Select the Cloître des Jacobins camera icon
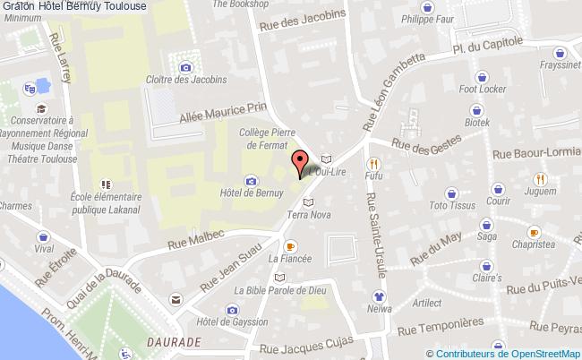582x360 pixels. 185,66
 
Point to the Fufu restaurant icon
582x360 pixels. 372,164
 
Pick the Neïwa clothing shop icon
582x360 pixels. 379,296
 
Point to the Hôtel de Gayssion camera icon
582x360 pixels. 233,310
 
